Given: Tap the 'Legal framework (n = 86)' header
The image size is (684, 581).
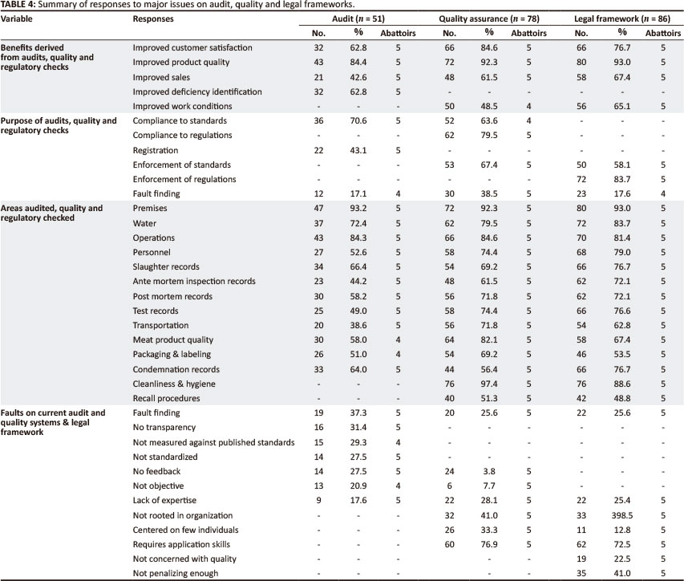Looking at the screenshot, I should [x=625, y=18].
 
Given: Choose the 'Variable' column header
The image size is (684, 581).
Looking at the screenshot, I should [x=20, y=18].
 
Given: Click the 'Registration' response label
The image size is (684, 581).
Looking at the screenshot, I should [x=156, y=150].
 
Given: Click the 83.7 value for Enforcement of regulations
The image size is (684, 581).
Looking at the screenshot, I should [x=618, y=180].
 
